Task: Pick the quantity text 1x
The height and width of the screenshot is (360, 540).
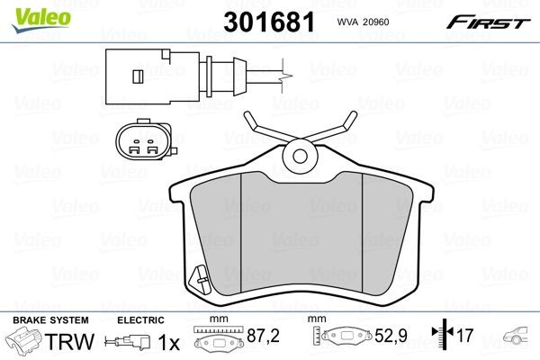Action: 169,342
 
